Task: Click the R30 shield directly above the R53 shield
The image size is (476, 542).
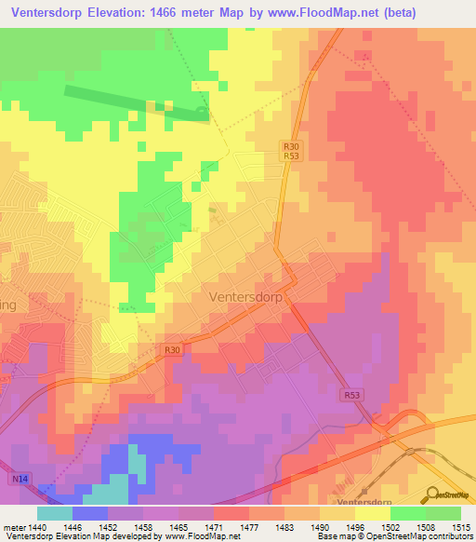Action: pos(291,146)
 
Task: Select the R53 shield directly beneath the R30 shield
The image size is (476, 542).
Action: pos(291,156)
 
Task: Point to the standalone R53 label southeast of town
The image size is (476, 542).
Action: pos(351,395)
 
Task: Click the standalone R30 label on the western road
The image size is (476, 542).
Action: pos(171,350)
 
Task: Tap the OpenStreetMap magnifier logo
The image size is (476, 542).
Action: pos(432,494)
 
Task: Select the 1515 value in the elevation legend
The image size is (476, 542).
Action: pos(460,526)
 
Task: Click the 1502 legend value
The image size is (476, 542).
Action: pos(390,526)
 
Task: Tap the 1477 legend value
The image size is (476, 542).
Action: pos(248,526)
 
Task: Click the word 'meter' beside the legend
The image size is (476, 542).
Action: pos(12,526)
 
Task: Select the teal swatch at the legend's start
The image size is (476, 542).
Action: pos(54,513)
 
